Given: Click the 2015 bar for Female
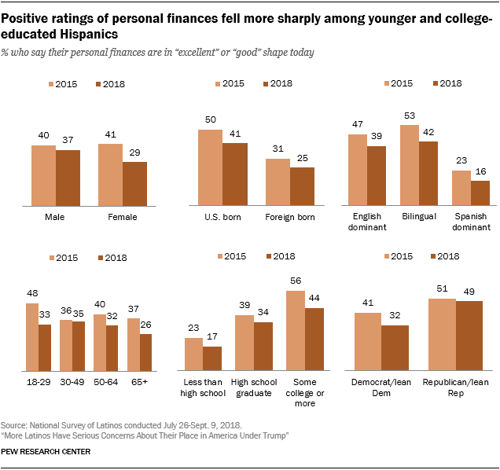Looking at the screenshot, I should point(110,174).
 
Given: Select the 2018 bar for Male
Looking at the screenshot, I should point(68,178).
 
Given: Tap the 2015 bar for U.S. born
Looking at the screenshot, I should point(210,167).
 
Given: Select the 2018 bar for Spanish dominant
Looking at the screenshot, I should point(480,193).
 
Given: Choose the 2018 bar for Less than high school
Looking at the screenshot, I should point(211,358).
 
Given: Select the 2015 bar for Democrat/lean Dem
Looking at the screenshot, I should point(368,341).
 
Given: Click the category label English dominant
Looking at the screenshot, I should point(359,222).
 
